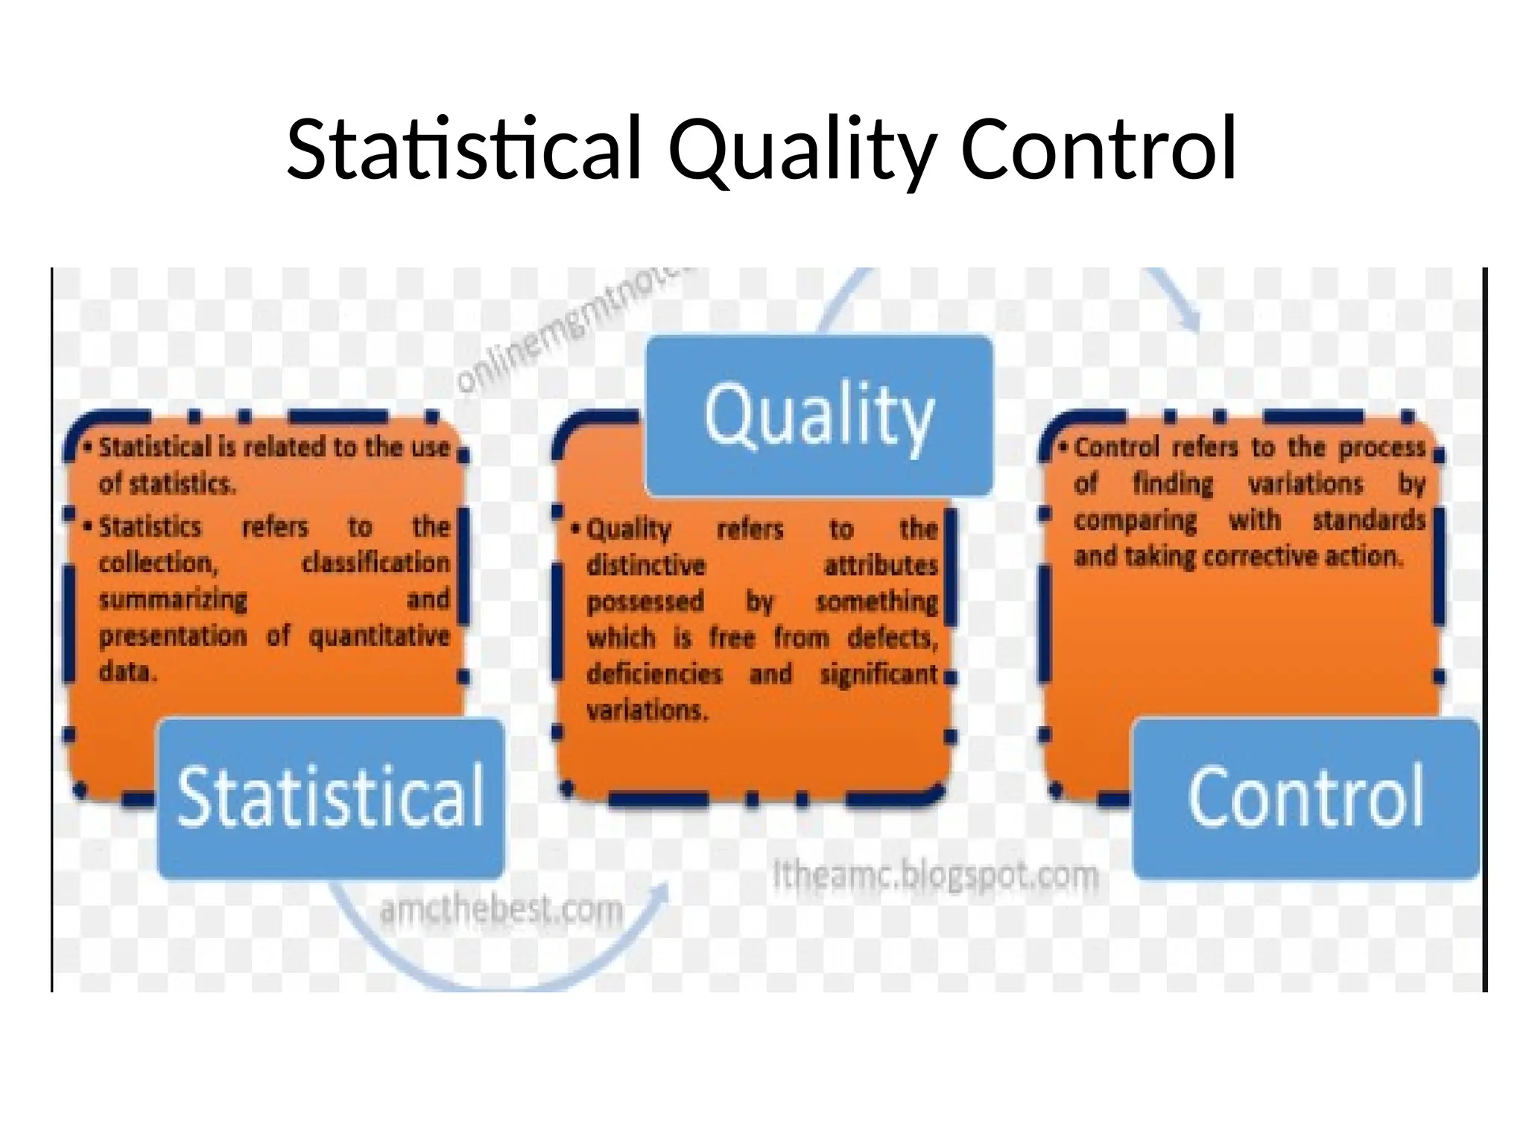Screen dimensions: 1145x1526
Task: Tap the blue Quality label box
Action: pyautogui.click(x=818, y=415)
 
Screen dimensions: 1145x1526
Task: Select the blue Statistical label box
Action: pyautogui.click(x=331, y=798)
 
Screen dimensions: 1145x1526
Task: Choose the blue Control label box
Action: pyautogui.click(x=1305, y=798)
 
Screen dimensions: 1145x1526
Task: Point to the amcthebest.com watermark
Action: pyautogui.click(x=501, y=910)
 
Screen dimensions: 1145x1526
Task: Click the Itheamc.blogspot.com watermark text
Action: pyautogui.click(x=935, y=874)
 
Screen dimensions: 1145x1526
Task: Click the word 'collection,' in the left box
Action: pyautogui.click(x=159, y=563)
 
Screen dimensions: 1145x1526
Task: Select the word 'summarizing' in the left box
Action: pyautogui.click(x=173, y=599)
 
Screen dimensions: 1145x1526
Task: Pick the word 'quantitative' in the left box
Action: pyautogui.click(x=379, y=636)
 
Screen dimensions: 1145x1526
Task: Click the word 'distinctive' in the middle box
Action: pyautogui.click(x=645, y=565)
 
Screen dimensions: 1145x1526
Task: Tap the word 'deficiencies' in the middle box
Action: pyautogui.click(x=654, y=674)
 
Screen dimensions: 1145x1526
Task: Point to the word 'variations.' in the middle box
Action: pyautogui.click(x=647, y=710)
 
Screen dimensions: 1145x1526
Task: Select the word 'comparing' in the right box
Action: pyautogui.click(x=1135, y=520)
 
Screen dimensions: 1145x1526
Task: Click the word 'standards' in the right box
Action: pyautogui.click(x=1369, y=520)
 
